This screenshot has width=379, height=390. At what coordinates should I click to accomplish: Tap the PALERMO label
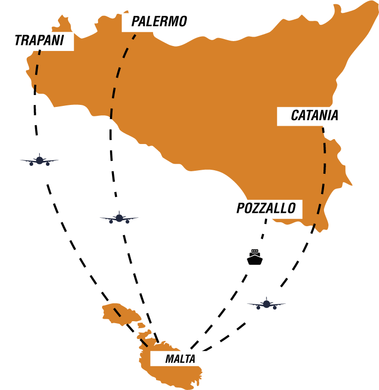(x=159, y=22)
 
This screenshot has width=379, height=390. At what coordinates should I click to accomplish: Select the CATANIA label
(x=314, y=116)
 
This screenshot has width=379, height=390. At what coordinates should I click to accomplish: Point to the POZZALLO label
(x=265, y=208)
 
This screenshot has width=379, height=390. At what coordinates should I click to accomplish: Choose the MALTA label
(x=179, y=359)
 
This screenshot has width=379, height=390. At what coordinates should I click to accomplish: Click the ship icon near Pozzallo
(x=255, y=257)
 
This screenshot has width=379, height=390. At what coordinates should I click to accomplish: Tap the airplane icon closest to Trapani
(x=41, y=160)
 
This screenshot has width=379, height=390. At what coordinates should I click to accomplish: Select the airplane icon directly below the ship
(x=267, y=303)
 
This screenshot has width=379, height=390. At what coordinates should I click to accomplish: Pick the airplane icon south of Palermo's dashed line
(x=119, y=216)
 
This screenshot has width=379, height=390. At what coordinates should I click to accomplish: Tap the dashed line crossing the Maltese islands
(x=118, y=312)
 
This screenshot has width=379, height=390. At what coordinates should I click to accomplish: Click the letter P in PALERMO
(x=135, y=22)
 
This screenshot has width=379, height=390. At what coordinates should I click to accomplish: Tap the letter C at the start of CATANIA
(x=295, y=116)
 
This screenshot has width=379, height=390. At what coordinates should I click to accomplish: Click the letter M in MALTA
(x=169, y=359)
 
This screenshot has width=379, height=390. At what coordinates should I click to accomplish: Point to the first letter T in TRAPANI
(x=19, y=41)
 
